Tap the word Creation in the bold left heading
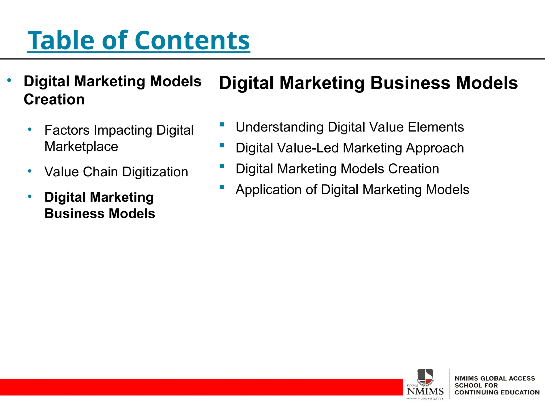click(x=54, y=100)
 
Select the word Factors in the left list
click(x=67, y=130)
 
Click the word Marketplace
click(x=81, y=147)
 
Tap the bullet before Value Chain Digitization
click(x=30, y=171)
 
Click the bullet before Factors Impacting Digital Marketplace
click(x=30, y=129)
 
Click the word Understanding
click(x=279, y=127)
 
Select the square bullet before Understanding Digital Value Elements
click(x=222, y=124)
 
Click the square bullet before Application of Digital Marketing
click(x=222, y=187)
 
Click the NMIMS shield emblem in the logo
click(x=425, y=377)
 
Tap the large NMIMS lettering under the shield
click(x=425, y=391)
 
